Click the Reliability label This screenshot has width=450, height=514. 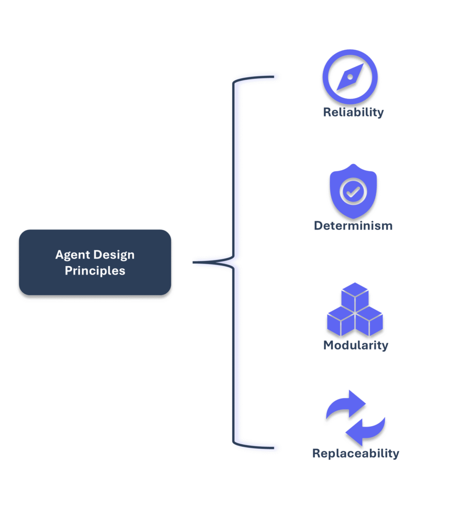(353, 112)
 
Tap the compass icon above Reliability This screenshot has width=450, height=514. (350, 77)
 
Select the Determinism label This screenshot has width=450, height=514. (353, 225)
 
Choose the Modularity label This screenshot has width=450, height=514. (355, 345)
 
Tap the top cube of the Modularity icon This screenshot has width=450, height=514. (355, 296)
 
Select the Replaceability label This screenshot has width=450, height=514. (355, 453)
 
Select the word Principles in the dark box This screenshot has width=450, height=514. (95, 271)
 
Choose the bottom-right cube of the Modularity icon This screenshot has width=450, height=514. (369, 322)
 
